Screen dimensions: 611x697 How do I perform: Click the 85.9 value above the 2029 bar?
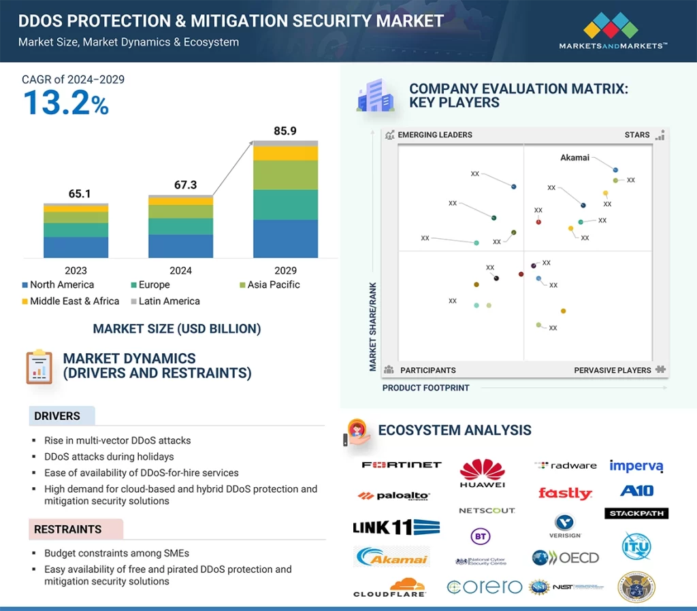(285, 131)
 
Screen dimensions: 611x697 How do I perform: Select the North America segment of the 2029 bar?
(285, 238)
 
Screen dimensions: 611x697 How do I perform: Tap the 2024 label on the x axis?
(180, 270)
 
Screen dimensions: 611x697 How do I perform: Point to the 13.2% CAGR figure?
(65, 103)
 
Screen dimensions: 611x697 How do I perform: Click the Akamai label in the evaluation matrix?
(574, 157)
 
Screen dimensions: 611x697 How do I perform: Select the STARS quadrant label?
(637, 135)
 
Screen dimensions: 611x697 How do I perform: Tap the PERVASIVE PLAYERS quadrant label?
(613, 370)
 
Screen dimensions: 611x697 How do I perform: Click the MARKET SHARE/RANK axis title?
(373, 327)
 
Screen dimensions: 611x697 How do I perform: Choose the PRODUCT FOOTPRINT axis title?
(425, 388)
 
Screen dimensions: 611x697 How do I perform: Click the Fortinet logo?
(402, 465)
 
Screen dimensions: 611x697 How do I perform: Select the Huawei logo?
(482, 474)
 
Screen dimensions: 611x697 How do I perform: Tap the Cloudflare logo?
(390, 588)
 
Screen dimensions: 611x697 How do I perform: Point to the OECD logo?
(566, 558)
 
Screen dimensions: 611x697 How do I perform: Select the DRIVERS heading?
(57, 416)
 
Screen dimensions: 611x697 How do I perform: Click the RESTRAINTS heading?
(67, 529)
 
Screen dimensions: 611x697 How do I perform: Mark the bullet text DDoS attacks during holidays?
(109, 457)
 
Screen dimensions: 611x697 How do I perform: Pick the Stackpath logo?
(636, 513)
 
